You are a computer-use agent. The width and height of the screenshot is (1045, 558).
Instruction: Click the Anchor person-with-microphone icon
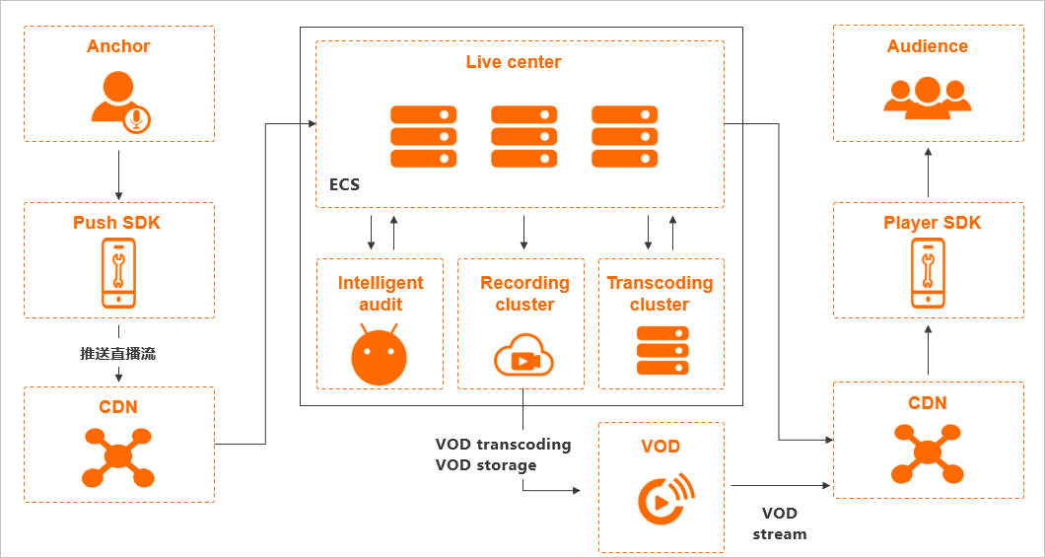click(119, 102)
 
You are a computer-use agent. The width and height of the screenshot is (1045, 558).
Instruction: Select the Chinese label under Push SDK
click(118, 353)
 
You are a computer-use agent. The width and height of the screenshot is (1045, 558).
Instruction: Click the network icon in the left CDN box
click(117, 457)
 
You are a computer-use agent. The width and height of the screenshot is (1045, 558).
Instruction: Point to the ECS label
click(344, 184)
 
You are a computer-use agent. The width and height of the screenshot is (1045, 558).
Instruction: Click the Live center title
click(514, 62)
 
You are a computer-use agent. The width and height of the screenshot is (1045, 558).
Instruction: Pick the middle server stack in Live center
click(523, 136)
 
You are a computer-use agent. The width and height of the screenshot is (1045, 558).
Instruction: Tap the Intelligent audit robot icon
click(380, 354)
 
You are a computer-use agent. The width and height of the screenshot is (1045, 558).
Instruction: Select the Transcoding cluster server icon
click(662, 350)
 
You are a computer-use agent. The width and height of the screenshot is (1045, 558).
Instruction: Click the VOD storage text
click(486, 465)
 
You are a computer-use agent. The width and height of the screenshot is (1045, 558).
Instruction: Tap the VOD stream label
click(779, 523)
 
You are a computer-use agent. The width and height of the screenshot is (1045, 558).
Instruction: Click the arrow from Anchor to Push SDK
click(118, 175)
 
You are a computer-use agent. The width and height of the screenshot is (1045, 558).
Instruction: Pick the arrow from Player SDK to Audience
click(928, 174)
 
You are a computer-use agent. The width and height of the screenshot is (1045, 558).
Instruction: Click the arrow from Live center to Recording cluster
click(523, 232)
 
